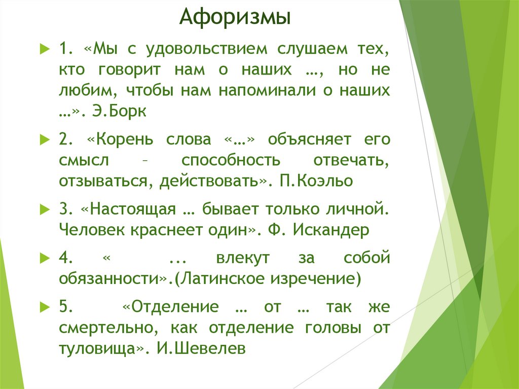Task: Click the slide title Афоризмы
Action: tap(235, 19)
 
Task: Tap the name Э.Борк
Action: tap(120, 111)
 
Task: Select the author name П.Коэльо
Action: tap(315, 181)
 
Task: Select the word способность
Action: tap(231, 160)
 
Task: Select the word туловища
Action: tap(97, 348)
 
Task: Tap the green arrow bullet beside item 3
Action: tap(44, 209)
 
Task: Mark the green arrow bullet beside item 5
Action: tap(44, 307)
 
